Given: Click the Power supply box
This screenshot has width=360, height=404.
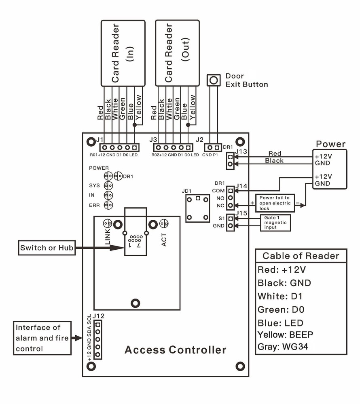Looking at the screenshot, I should coord(330,168).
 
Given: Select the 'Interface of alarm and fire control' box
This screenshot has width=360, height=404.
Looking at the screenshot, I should coord(42,338).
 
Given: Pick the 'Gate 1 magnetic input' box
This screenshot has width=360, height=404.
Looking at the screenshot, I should coord(275,223).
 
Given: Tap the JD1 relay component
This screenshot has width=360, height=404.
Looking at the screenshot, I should coord(197,208).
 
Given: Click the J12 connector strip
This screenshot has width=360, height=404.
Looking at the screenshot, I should coord(97,340).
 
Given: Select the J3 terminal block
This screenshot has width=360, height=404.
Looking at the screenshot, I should coord(174,147).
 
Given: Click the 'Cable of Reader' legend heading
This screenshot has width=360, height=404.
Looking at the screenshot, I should coord(301,256).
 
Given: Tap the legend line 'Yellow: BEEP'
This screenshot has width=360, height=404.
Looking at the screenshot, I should coord(285,335).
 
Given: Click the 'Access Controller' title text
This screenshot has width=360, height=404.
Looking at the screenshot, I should coord(175,349).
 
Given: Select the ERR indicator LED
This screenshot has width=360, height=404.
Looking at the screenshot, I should coord(108,205).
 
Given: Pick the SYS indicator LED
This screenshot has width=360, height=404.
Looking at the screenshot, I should coord(108,185).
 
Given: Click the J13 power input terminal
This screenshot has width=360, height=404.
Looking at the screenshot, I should coord(230,160).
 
